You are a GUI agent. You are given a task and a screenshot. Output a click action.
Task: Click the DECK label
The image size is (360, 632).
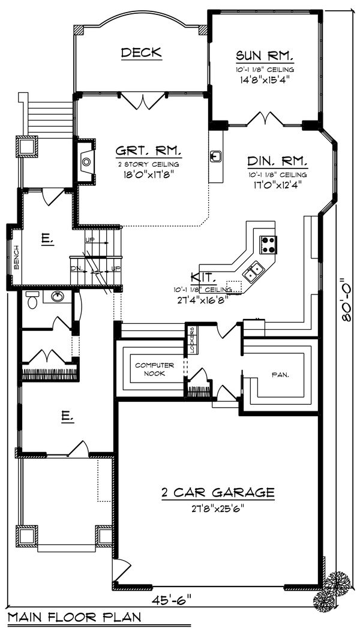pyautogui.click(x=141, y=53)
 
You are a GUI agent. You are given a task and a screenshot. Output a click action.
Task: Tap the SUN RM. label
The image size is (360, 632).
pyautogui.click(x=264, y=56)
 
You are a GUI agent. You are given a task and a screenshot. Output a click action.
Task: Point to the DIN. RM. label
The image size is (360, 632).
pyautogui.click(x=277, y=161)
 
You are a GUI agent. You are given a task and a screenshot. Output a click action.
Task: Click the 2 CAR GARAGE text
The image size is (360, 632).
pyautogui.click(x=218, y=493)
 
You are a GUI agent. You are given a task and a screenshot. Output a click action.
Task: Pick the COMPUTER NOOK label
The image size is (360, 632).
pyautogui.click(x=154, y=369)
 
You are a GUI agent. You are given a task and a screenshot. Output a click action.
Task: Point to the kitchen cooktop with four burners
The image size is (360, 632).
pyautogui.click(x=268, y=244)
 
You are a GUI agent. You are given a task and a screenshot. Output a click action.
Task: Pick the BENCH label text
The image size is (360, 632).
pyautogui.click(x=16, y=257)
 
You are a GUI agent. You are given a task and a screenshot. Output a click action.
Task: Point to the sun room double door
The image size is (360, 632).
pyautogui.click(x=263, y=119)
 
